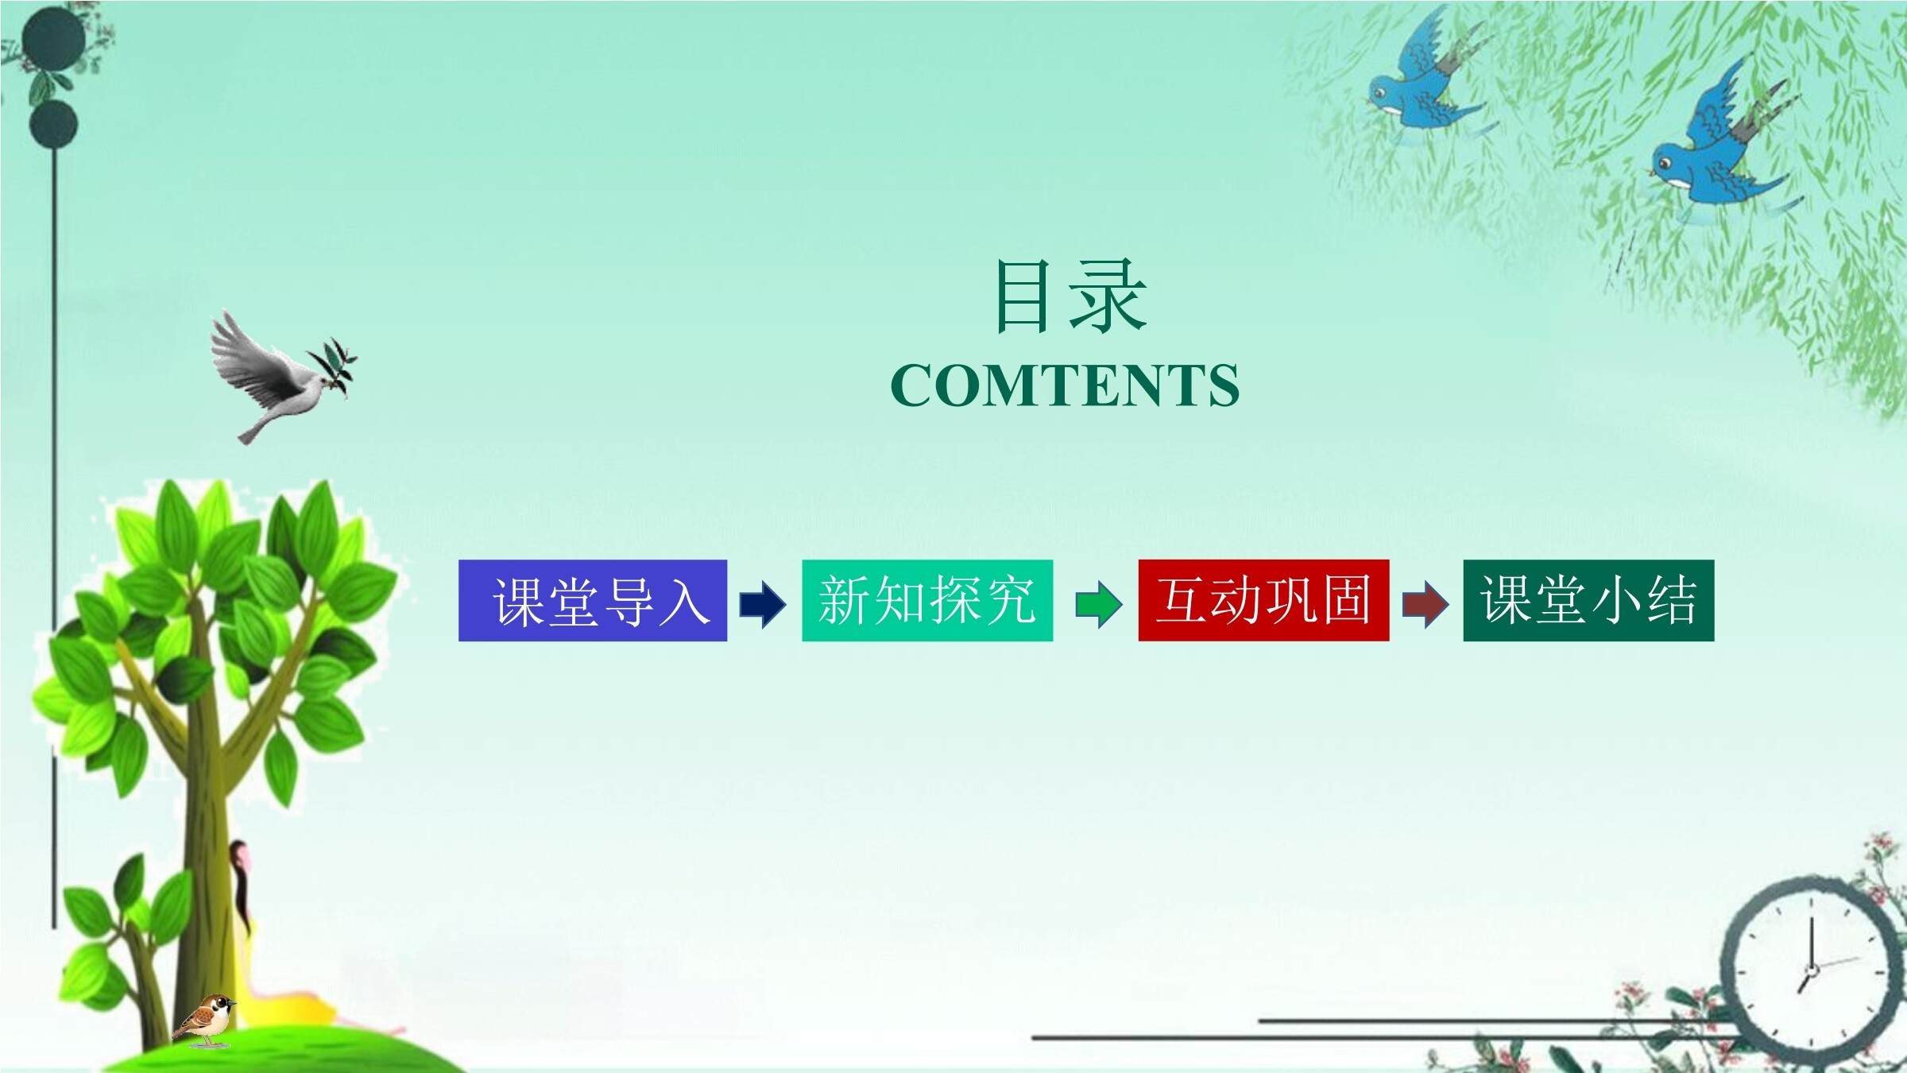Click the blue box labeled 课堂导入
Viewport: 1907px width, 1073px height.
(x=593, y=600)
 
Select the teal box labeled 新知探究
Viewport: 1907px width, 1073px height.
(x=927, y=600)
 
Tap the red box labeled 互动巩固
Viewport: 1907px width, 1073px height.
(x=1263, y=600)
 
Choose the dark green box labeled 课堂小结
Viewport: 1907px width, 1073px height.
(x=1588, y=600)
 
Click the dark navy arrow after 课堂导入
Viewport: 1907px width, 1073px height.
(x=763, y=604)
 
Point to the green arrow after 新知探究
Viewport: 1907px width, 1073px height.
(x=1099, y=604)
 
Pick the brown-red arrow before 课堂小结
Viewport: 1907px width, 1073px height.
(x=1425, y=604)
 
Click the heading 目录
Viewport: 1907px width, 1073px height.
(x=1070, y=296)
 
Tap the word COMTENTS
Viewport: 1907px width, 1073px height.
(x=1065, y=385)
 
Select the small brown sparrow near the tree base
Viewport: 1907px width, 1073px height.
(x=205, y=1020)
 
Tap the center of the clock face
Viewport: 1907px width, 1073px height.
(x=1812, y=970)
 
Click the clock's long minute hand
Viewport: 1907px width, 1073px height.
(x=1812, y=943)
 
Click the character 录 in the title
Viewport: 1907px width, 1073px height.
(x=1108, y=296)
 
